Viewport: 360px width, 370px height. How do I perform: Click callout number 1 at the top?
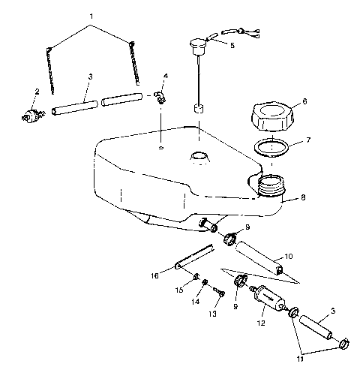point(92,16)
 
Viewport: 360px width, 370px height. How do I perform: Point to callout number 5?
point(232,45)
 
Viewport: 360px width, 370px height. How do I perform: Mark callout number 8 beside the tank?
point(302,199)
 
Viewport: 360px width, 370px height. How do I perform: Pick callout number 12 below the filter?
point(261,324)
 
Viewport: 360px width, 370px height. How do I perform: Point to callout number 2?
point(36,92)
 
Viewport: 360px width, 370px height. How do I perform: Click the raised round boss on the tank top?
point(199,157)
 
